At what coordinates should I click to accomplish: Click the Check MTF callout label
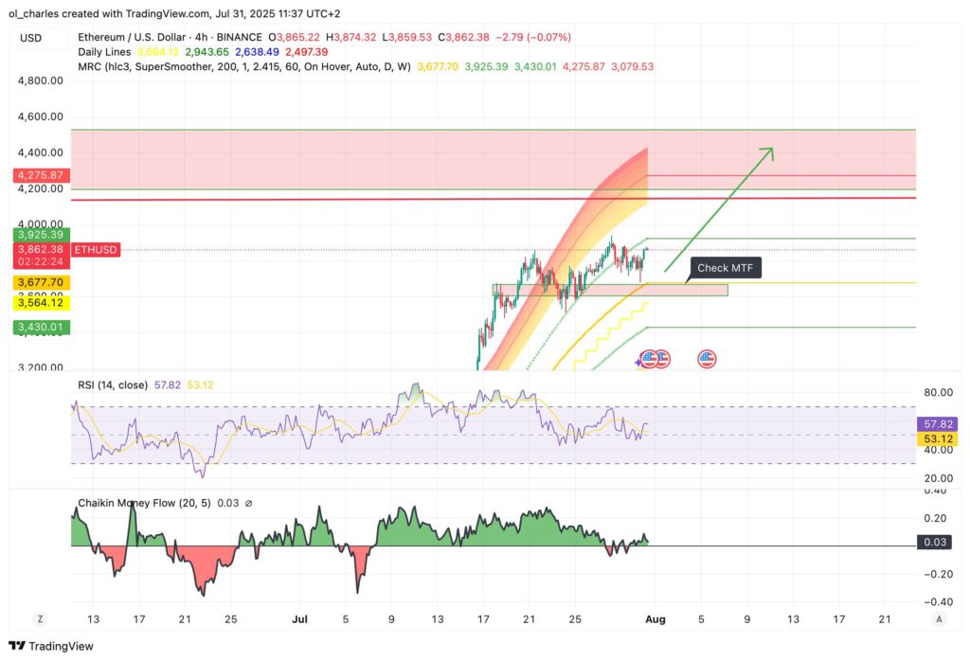click(x=725, y=268)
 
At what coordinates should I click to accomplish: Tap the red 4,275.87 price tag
click(x=38, y=175)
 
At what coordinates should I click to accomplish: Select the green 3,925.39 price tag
click(x=38, y=234)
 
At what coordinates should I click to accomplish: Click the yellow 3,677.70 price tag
click(x=38, y=282)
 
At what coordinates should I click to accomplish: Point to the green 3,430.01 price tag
click(x=38, y=327)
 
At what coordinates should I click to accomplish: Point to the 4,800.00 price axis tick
click(x=41, y=80)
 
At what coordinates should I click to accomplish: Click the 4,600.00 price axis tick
click(x=41, y=116)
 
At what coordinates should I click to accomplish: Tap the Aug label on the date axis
click(x=656, y=618)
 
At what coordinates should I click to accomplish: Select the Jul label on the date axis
click(x=299, y=618)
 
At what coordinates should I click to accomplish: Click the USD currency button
click(x=30, y=38)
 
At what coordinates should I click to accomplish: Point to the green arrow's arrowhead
click(x=769, y=151)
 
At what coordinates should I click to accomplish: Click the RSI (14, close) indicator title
click(x=113, y=384)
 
